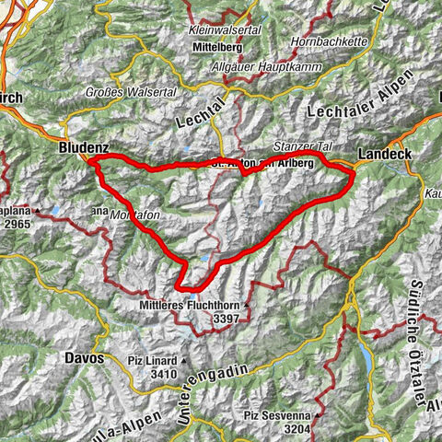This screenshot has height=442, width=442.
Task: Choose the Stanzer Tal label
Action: pyautogui.click(x=300, y=146)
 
